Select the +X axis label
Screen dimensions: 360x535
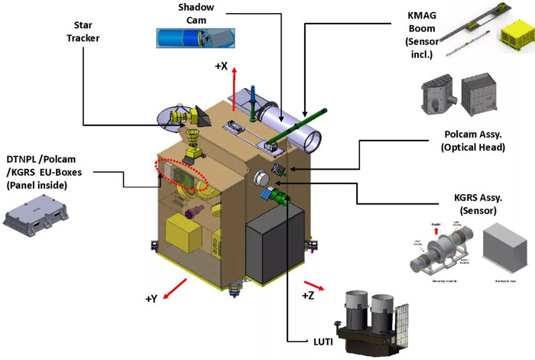(220, 66)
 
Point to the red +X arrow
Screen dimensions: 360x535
(235, 86)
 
